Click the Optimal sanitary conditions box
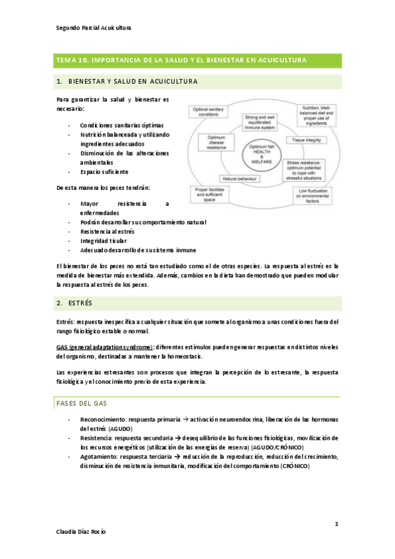[x=208, y=111]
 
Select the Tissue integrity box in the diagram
[x=307, y=140]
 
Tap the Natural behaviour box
[x=239, y=178]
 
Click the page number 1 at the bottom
[x=336, y=524]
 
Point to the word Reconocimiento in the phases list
[x=103, y=419]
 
